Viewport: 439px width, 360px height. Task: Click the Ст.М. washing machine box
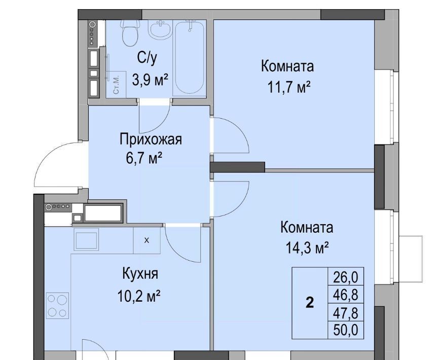(116, 85)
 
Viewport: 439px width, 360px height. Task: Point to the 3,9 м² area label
(150, 80)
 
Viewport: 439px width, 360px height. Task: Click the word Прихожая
(151, 139)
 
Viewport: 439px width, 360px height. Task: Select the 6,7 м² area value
(144, 158)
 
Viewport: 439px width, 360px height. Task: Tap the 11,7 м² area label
(289, 87)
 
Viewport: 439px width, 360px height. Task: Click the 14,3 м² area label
(307, 247)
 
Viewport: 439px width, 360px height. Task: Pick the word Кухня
(140, 273)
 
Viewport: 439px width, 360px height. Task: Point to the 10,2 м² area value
(139, 296)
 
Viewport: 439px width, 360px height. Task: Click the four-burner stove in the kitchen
(57, 305)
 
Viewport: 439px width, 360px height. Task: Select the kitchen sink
(86, 239)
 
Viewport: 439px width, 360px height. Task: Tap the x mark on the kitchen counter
(147, 240)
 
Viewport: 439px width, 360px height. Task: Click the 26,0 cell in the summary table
(346, 277)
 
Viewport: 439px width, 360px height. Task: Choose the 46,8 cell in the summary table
(346, 295)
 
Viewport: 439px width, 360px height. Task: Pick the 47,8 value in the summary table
(346, 312)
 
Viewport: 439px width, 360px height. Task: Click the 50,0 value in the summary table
(346, 330)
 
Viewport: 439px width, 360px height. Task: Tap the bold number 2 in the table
(310, 303)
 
